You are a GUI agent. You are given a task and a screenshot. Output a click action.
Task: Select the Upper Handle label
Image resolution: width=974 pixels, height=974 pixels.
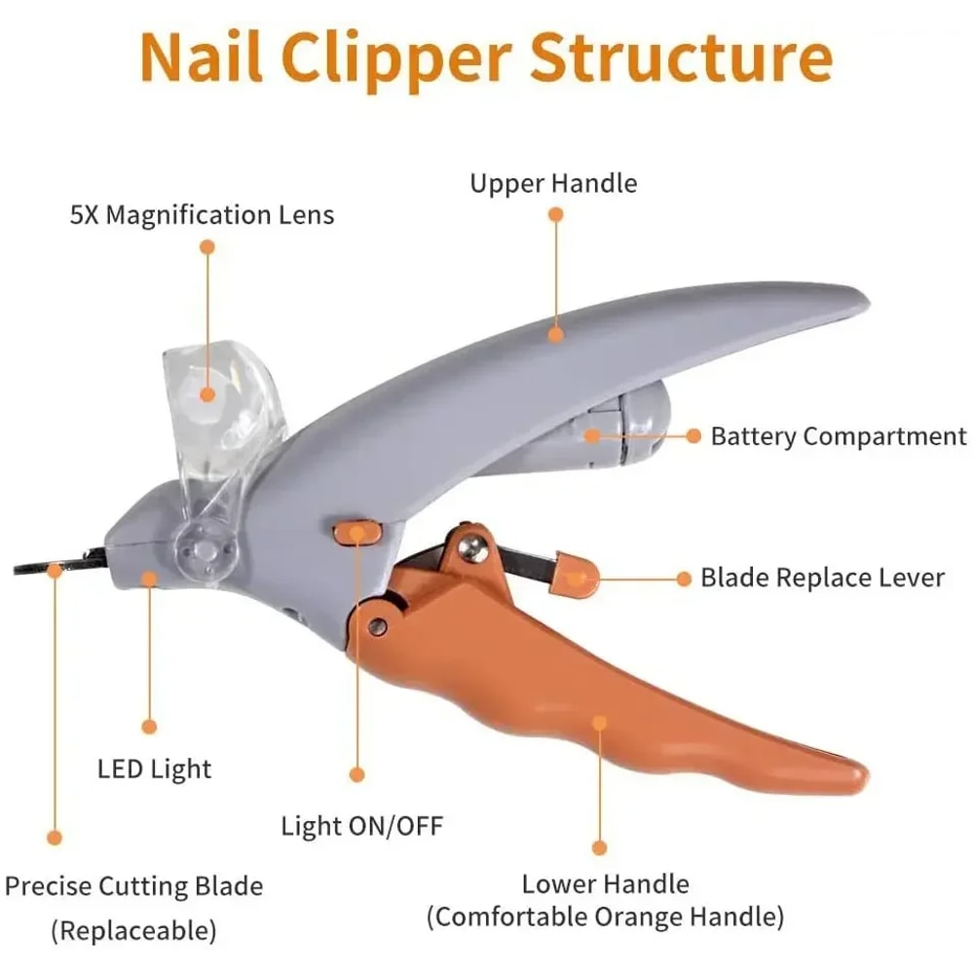coord(553,183)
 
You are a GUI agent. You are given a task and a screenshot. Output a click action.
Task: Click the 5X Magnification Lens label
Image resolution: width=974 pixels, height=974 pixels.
coord(202,214)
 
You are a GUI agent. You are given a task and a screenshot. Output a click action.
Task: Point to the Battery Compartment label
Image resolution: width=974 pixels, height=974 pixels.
coord(839,436)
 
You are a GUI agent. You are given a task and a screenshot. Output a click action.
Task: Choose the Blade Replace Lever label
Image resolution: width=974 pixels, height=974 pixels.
coord(822,578)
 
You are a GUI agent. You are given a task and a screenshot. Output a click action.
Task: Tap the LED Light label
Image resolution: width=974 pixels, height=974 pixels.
coord(154,768)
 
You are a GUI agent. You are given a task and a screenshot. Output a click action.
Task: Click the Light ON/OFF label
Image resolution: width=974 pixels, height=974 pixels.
coord(361,827)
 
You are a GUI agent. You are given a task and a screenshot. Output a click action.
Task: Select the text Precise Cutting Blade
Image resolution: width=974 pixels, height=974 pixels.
coord(133,886)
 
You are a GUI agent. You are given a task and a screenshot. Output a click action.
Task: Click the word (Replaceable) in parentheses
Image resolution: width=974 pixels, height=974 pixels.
coord(133,930)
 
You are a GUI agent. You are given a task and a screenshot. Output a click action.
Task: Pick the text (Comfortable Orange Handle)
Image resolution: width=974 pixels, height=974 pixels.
coord(604,917)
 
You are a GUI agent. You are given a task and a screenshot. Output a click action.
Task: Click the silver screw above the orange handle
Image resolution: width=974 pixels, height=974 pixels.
coord(474,548)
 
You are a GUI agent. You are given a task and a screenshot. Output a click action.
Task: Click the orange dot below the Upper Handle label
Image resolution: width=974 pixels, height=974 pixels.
coord(555,334)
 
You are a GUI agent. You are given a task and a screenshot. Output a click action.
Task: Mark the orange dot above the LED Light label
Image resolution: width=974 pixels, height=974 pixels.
coord(149,726)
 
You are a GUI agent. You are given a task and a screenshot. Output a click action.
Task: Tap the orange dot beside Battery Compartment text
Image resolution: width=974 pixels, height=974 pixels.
coord(693,436)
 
